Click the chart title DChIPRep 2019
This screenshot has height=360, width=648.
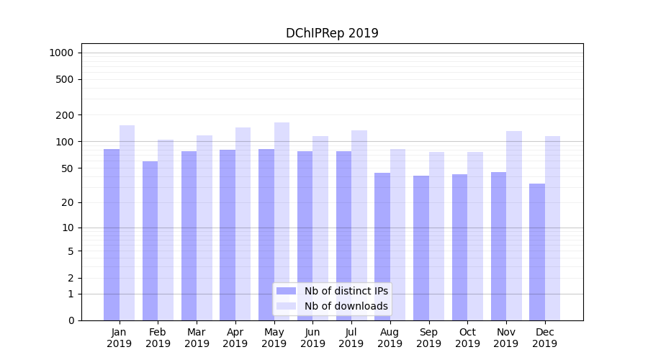click(332, 33)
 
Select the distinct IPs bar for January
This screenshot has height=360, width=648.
click(112, 234)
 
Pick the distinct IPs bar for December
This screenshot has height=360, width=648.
click(537, 252)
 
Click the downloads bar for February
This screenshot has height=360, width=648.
click(166, 230)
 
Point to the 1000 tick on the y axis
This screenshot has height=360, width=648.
click(61, 53)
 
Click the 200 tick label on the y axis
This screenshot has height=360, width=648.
click(65, 115)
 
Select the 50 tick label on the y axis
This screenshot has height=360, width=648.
click(67, 168)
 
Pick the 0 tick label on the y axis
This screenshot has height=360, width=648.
click(71, 320)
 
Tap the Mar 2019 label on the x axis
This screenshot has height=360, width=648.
click(197, 338)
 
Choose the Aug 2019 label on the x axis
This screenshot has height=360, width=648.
click(390, 338)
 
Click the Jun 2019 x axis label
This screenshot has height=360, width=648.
click(312, 338)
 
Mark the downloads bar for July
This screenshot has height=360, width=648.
click(359, 225)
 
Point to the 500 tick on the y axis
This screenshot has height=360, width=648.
click(65, 79)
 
